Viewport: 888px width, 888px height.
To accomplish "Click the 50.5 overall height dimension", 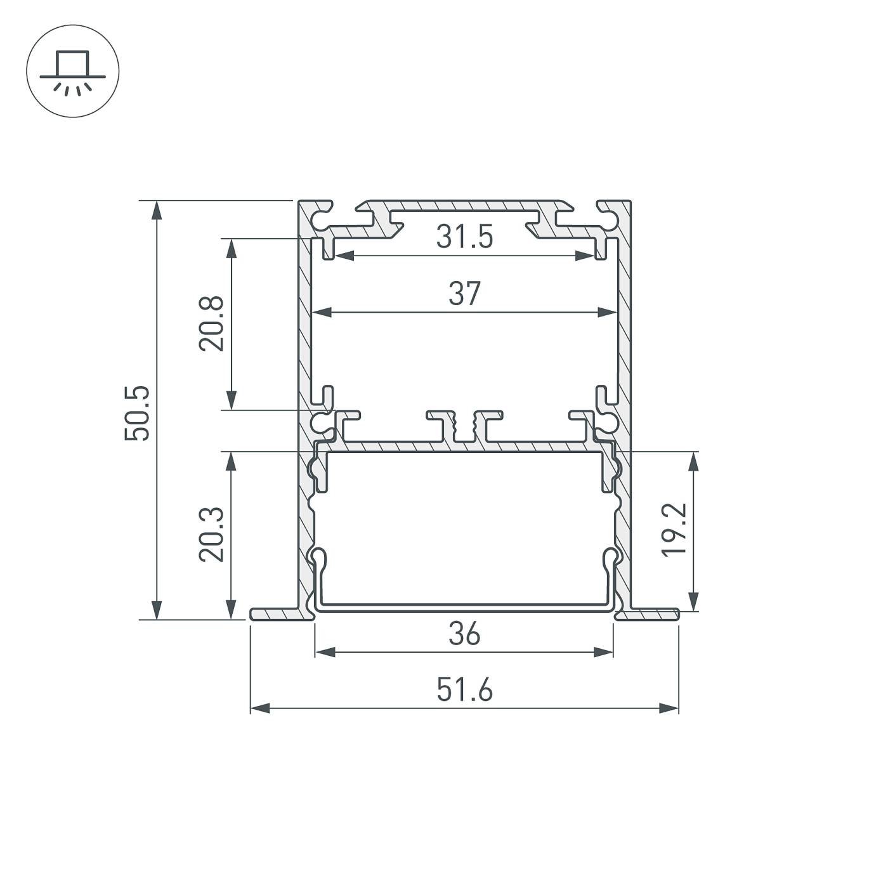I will (x=138, y=413).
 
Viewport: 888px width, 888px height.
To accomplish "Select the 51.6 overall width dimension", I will (x=465, y=690).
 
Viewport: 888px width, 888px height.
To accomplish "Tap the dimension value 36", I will (x=465, y=634).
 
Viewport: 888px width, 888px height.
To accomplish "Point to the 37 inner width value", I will (x=465, y=294).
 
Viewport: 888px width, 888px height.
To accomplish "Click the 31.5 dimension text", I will (x=465, y=238).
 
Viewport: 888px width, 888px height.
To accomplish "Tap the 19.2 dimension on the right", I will (x=674, y=530).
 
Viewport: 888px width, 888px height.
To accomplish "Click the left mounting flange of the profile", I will (x=274, y=614).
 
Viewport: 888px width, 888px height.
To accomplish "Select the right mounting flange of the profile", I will (x=653, y=614).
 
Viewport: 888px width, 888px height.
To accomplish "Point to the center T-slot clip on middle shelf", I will (x=465, y=425).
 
